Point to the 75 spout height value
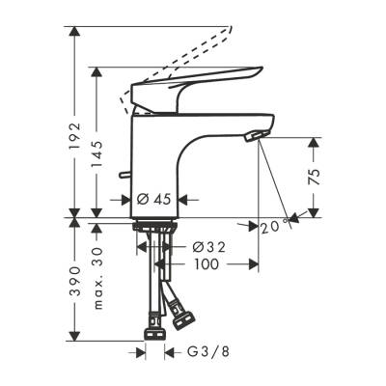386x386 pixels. click(x=326, y=177)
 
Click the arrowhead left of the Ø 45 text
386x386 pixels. click(x=124, y=200)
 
